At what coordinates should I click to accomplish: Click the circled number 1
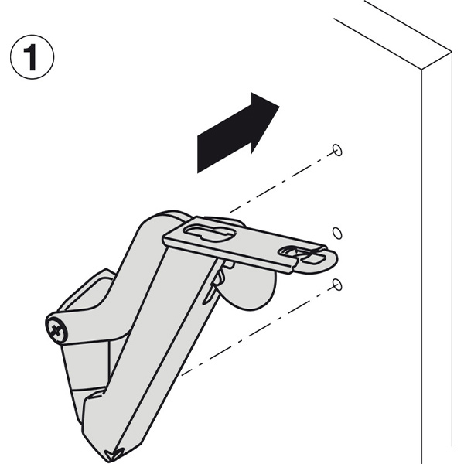[x=32, y=56]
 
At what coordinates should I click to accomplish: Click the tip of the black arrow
[x=279, y=106]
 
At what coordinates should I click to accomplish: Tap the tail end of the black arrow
[x=197, y=155]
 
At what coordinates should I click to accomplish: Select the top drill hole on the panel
[x=337, y=150]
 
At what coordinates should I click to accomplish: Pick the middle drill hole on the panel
[x=337, y=233]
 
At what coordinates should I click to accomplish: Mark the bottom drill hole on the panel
[x=337, y=285]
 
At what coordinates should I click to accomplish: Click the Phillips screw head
[x=56, y=329]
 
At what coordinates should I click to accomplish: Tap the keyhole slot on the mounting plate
[x=210, y=232]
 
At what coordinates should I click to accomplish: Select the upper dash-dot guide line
[x=282, y=182]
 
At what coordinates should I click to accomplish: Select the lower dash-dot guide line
[x=258, y=330]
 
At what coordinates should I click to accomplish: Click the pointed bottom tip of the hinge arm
[x=112, y=459]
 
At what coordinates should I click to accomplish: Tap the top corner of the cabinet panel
[x=452, y=52]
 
